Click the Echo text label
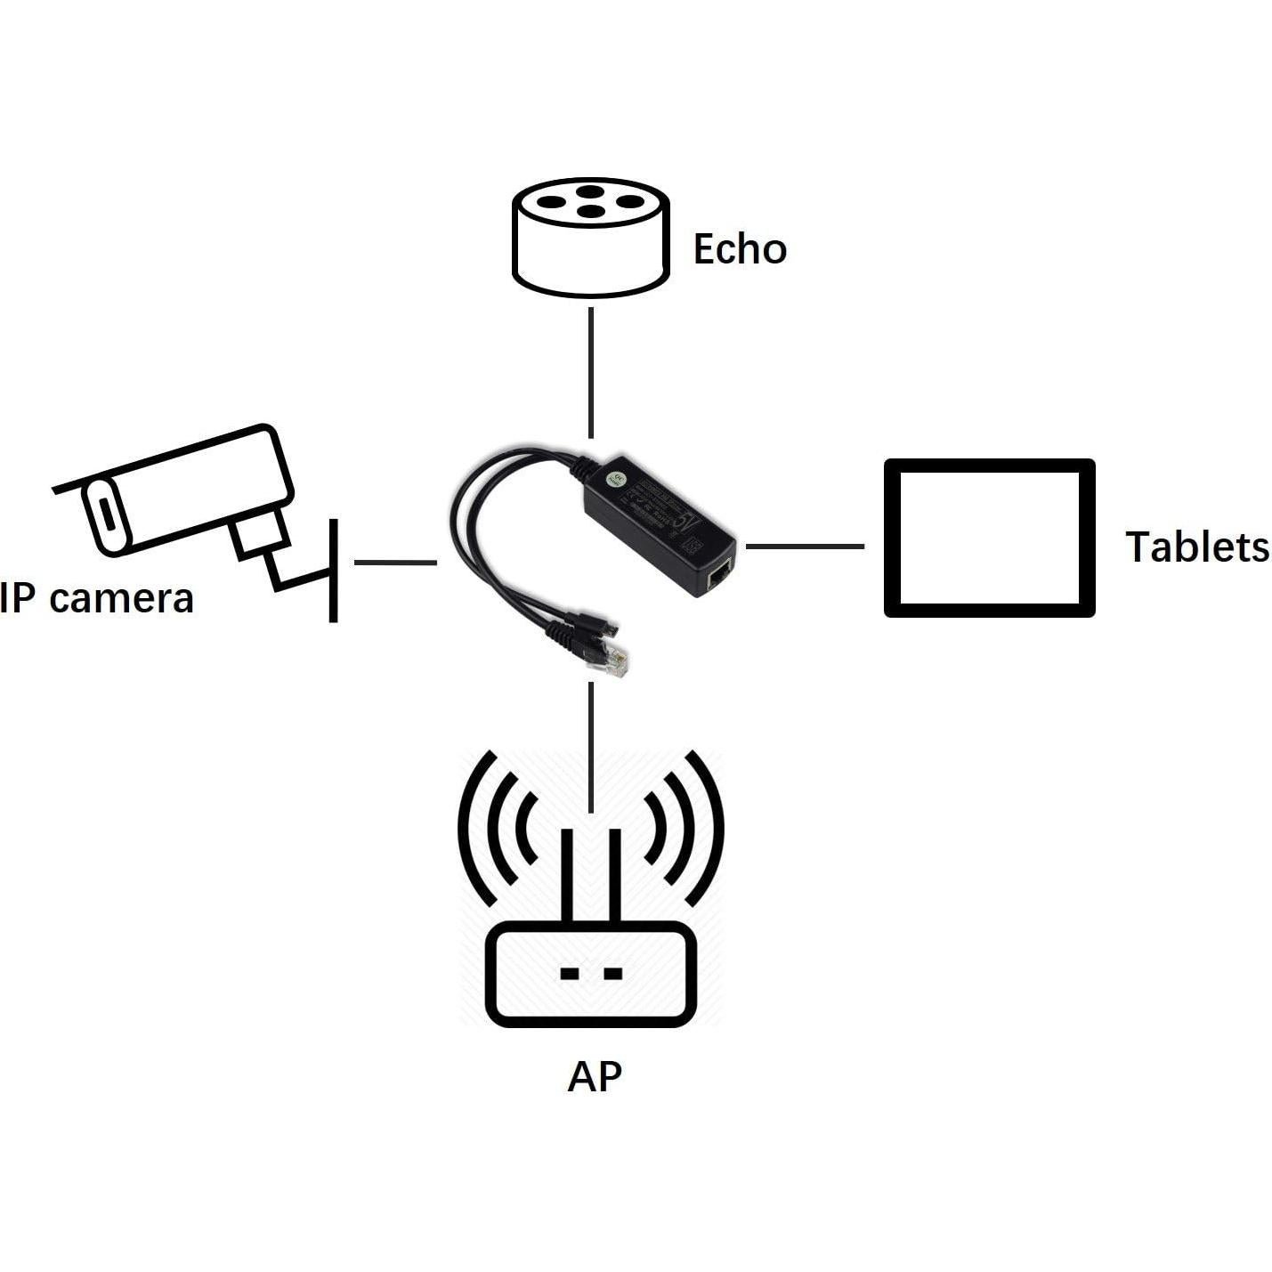[x=740, y=249]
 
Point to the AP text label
[x=594, y=1075]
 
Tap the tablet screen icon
[x=989, y=538]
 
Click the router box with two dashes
[x=590, y=974]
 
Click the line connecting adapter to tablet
[x=805, y=546]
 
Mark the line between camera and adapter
[x=395, y=563]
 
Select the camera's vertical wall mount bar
[x=334, y=570]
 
